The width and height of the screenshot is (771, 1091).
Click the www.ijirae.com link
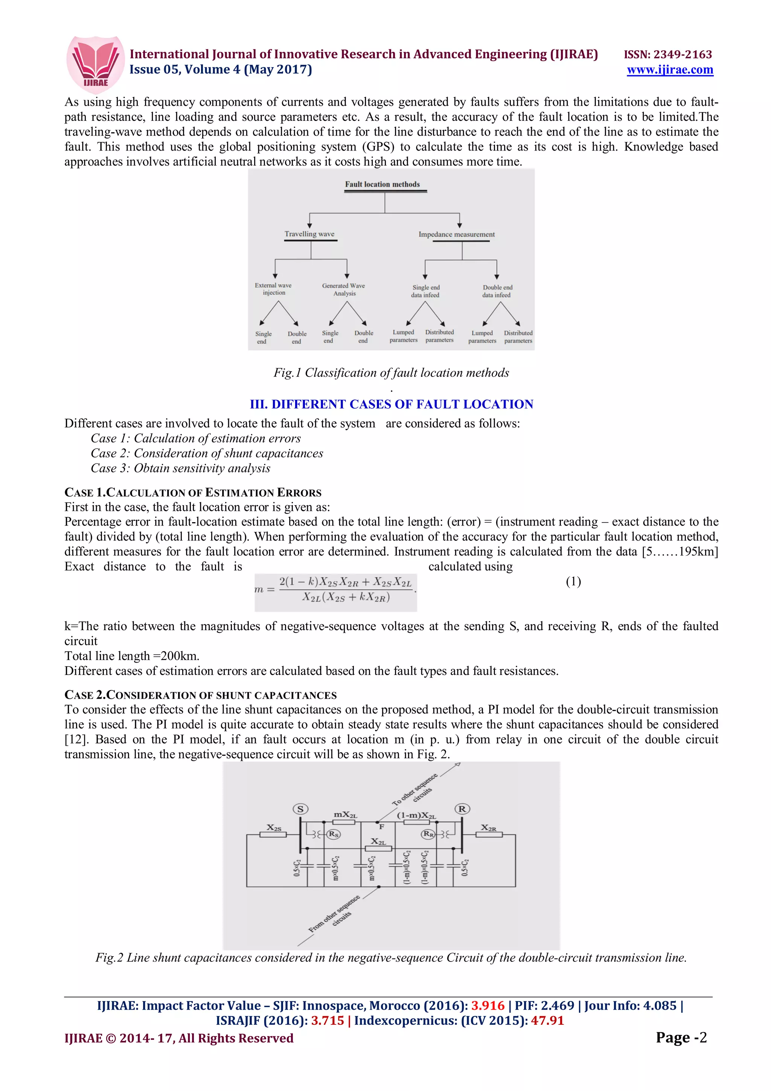pyautogui.click(x=669, y=70)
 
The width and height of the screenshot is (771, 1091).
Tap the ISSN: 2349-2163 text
pyautogui.click(x=667, y=54)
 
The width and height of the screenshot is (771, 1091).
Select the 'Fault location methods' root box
pyautogui.click(x=382, y=184)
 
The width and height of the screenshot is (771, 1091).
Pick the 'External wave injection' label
pyautogui.click(x=273, y=289)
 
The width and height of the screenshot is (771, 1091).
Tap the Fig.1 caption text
pyautogui.click(x=391, y=373)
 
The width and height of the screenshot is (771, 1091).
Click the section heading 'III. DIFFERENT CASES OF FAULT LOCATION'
pyautogui.click(x=392, y=404)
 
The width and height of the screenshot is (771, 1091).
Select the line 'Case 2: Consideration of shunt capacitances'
pyautogui.click(x=207, y=453)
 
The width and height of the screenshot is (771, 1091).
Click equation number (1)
pyautogui.click(x=573, y=581)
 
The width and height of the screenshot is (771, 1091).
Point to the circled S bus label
pyautogui.click(x=300, y=809)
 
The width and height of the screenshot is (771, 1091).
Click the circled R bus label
pyautogui.click(x=462, y=808)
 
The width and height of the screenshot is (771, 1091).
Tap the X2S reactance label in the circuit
pyautogui.click(x=274, y=827)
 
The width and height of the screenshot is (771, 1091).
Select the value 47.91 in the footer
pyautogui.click(x=547, y=1020)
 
